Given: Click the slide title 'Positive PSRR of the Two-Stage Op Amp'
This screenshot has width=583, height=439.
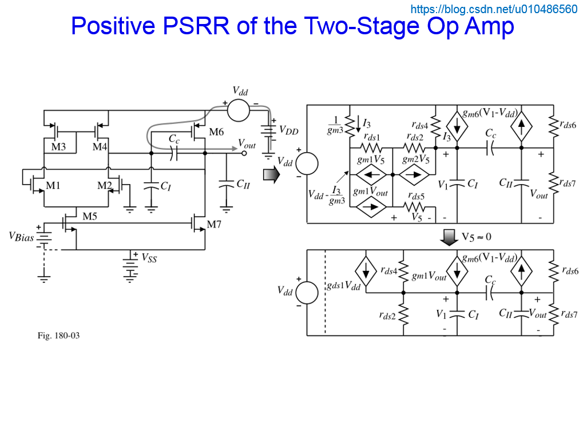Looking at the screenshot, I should (x=292, y=26).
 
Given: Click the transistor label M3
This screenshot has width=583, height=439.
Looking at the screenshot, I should (x=58, y=147).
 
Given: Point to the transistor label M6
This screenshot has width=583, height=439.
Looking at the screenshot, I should (x=216, y=133).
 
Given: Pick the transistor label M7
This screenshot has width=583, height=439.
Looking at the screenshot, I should (x=213, y=225).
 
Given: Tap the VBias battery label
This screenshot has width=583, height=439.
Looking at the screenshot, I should (x=21, y=237).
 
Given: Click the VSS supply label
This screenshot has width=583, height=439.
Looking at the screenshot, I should (x=149, y=258).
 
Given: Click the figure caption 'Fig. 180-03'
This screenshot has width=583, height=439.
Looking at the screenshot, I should (x=58, y=336).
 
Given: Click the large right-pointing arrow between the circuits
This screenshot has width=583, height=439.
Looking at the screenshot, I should (x=271, y=175).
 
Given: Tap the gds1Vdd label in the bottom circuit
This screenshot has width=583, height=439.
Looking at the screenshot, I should (x=343, y=286).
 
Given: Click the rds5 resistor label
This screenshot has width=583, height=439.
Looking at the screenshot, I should (x=417, y=197).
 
